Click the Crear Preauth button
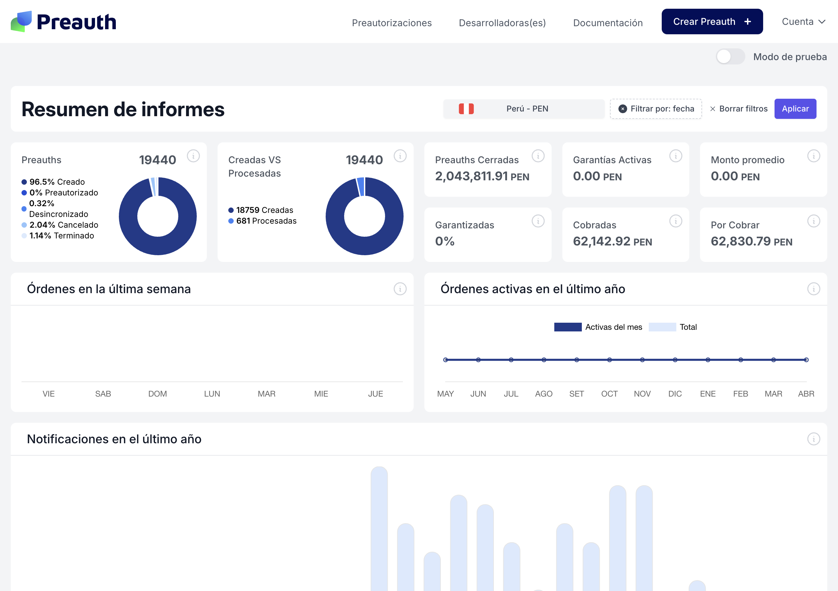pos(712,21)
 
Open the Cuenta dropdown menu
pos(803,22)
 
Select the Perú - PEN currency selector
pos(524,109)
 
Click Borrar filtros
pos(739,109)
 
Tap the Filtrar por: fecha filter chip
pos(656,109)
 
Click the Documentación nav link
pos(608,23)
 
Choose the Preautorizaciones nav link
pos(391,23)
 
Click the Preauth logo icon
pos(21,21)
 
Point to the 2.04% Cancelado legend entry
pos(60,225)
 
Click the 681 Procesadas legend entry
pos(263,221)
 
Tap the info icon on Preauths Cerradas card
pos(538,156)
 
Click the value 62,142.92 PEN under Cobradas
pos(612,241)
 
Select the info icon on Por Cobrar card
pos(813,221)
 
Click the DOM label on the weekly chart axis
pos(157,394)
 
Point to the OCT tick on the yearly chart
pos(609,394)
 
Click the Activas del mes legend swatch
pos(567,327)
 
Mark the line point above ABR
pos(806,360)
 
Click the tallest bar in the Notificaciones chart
pos(379,529)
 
